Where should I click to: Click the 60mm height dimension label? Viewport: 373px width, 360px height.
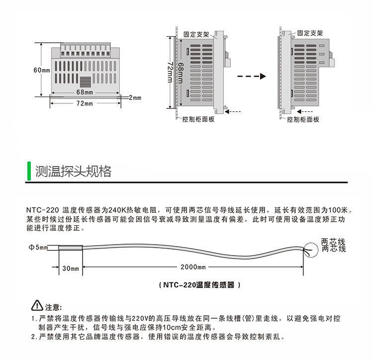(x=42, y=70)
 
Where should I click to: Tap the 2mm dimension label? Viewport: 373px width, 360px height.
(x=135, y=97)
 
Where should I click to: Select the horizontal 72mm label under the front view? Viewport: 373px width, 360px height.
(x=84, y=103)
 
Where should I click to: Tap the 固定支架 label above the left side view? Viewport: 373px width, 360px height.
(x=195, y=35)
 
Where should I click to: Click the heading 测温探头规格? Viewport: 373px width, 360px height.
(x=73, y=172)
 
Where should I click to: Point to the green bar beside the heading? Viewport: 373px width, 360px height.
(x=28, y=172)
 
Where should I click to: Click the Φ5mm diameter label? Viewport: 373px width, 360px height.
(x=38, y=247)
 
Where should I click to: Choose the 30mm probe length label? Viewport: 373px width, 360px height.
(x=71, y=269)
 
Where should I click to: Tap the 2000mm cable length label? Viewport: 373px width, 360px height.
(x=193, y=268)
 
